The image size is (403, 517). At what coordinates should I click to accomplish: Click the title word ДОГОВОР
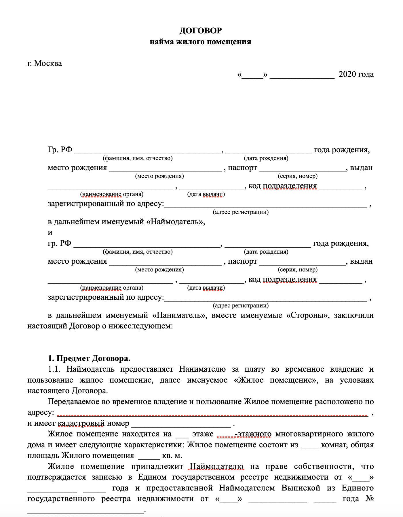[x=201, y=31]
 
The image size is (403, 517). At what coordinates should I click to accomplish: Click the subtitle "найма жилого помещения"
[x=200, y=42]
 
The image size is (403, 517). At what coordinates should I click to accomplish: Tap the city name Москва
[x=48, y=63]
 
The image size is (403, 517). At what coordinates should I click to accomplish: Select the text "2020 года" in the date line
[x=356, y=74]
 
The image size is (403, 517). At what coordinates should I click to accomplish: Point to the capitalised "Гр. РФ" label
[x=60, y=150]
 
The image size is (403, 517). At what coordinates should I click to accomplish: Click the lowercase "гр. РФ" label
[x=59, y=244]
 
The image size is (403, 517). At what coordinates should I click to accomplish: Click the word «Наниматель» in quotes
[x=180, y=315]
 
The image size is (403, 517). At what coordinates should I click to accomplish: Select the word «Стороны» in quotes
[x=308, y=315]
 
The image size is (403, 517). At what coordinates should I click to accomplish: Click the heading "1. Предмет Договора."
[x=89, y=359]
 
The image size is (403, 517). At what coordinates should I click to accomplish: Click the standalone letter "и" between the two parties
[x=50, y=233]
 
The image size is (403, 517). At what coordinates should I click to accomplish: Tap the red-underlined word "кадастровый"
[x=81, y=423]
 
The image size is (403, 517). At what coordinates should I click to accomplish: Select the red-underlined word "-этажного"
[x=253, y=434]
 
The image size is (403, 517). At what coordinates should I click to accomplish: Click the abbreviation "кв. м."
[x=172, y=456]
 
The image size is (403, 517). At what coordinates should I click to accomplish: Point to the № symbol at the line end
[x=369, y=499]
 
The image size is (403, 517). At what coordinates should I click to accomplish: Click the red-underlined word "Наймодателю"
[x=216, y=467]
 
